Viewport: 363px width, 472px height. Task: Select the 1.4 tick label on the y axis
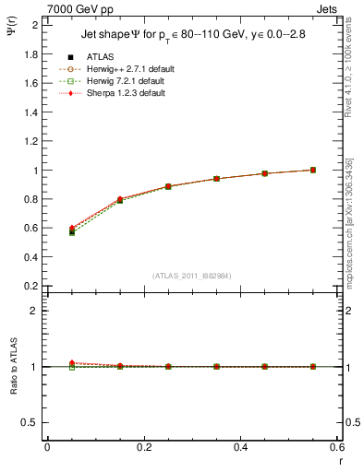32,112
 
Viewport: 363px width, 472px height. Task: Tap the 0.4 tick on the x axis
241,447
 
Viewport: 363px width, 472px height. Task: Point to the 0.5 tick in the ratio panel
32,422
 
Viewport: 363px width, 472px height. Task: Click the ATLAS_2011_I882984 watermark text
192,276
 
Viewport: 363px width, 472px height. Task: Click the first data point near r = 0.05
72,231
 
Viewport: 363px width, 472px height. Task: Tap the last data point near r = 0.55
313,170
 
